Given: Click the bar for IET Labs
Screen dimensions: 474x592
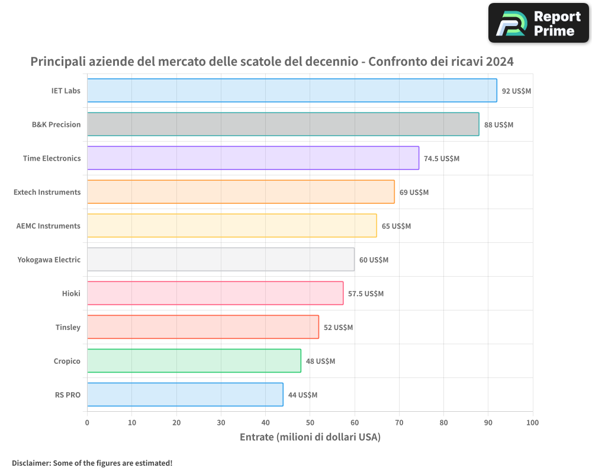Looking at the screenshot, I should [292, 91].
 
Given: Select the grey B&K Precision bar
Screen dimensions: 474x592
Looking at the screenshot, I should [283, 124].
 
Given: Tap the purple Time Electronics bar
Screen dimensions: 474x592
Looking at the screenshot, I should [253, 158].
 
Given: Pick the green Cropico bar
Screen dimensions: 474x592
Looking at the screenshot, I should [194, 361].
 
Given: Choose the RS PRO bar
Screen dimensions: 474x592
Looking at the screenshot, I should [185, 395].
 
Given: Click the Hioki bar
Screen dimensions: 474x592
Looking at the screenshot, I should [215, 293].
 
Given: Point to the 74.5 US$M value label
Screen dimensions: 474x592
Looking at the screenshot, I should [442, 159].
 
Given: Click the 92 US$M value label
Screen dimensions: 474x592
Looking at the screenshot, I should [516, 91].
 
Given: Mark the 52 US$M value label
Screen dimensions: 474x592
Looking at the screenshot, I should [338, 328].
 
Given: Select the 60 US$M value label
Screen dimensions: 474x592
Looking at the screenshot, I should [374, 260].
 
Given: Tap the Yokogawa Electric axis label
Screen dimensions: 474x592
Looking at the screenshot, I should [49, 260].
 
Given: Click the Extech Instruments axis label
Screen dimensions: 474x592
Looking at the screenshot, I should [47, 192].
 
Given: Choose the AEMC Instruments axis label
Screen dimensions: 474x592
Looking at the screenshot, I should [49, 226].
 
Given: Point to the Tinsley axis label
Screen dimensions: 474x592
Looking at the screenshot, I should [68, 327].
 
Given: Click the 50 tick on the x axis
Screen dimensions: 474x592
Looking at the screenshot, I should [310, 422].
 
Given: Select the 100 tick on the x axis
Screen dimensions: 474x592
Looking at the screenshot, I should [532, 422].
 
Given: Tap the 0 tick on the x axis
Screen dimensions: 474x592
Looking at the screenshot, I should [87, 422].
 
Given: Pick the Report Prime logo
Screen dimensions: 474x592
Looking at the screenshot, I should [539, 23].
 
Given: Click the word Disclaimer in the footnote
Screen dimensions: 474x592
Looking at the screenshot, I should [31, 463].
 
